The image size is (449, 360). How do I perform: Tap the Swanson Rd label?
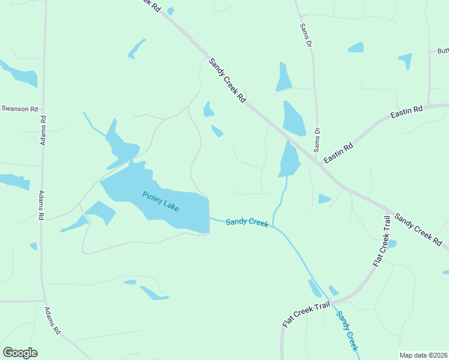point(19,109)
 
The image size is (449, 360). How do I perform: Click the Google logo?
point(20,353)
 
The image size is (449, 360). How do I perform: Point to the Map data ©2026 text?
point(423,355)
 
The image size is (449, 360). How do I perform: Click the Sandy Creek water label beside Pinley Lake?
point(247,223)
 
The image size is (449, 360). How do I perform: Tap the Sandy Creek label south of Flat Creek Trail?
point(347,331)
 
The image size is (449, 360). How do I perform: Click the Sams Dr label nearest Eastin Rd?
point(318,139)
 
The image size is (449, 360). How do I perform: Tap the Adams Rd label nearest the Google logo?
point(52,320)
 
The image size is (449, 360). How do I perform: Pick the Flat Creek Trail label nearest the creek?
point(306,314)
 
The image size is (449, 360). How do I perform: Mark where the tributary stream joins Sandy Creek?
point(273,226)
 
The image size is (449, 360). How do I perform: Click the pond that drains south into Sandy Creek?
point(289,160)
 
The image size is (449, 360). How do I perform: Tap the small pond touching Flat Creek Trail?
point(392,244)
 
